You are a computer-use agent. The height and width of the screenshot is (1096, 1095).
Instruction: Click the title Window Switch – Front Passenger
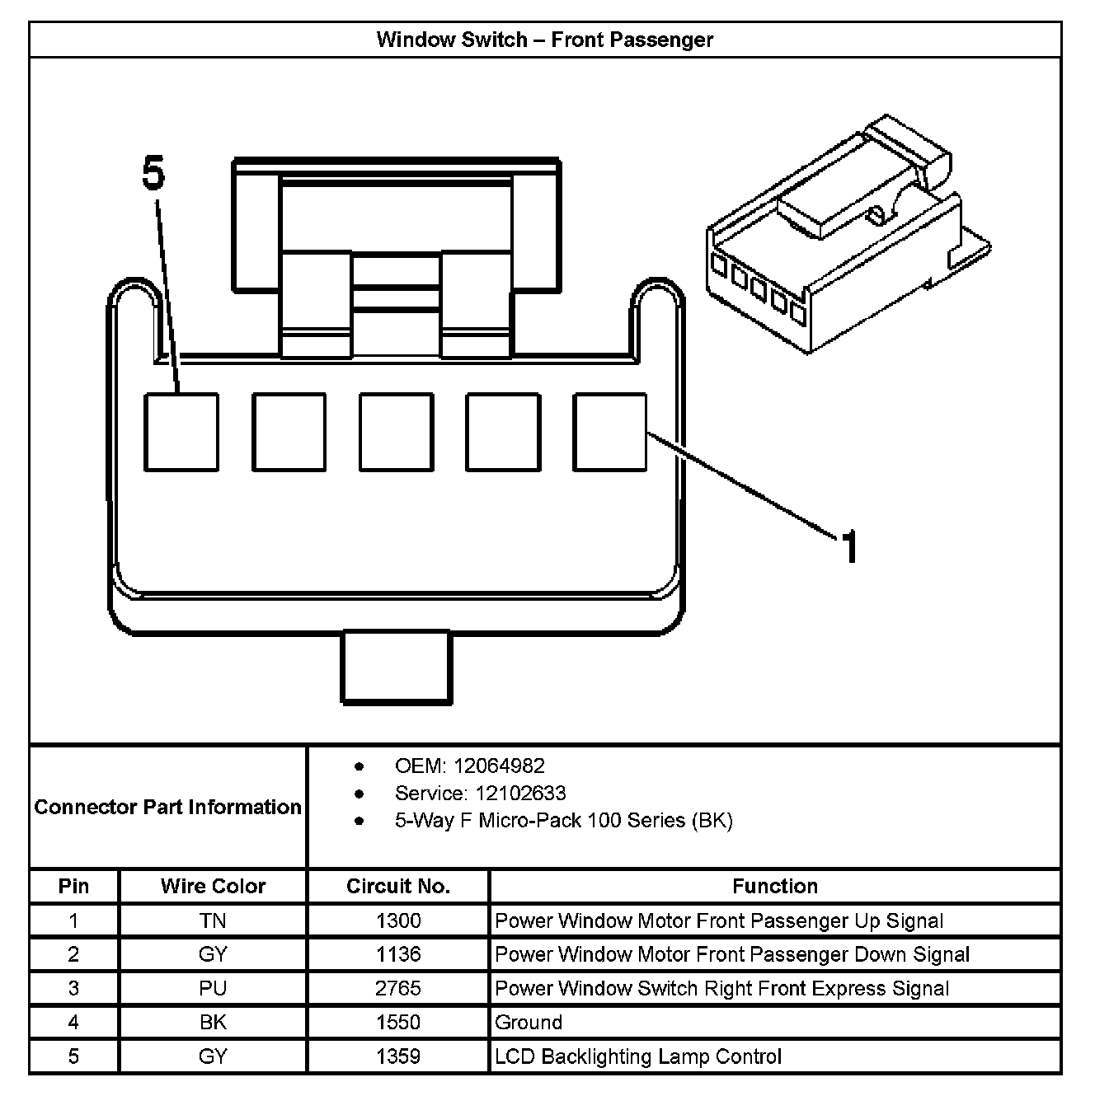544,40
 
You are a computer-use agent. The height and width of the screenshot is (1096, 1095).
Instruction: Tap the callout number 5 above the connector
153,174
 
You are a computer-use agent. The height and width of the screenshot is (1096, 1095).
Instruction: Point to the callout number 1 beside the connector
849,546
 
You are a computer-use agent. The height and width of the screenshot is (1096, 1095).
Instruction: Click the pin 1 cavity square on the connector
610,432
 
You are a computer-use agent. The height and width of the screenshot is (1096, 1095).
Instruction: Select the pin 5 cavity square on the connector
181,432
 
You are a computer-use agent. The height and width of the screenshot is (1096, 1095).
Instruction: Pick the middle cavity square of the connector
396,432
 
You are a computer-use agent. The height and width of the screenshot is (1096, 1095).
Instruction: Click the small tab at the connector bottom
397,667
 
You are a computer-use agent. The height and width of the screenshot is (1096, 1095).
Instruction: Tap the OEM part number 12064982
498,766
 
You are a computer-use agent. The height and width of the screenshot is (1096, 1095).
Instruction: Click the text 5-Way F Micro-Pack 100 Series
563,820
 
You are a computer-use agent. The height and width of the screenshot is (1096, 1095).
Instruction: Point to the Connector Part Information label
167,807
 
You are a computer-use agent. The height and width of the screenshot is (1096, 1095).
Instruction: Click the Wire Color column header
213,886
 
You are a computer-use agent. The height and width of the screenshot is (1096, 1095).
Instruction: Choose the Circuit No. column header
398,886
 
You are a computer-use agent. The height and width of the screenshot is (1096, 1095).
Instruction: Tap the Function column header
775,886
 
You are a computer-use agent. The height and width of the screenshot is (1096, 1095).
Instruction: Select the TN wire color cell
213,920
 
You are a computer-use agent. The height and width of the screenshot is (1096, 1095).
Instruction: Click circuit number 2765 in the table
398,988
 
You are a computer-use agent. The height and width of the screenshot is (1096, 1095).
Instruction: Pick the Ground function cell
529,1022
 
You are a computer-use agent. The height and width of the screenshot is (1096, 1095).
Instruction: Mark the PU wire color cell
213,988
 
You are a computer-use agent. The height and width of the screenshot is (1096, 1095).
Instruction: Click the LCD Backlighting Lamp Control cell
638,1056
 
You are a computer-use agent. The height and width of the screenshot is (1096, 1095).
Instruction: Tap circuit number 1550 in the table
398,1022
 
